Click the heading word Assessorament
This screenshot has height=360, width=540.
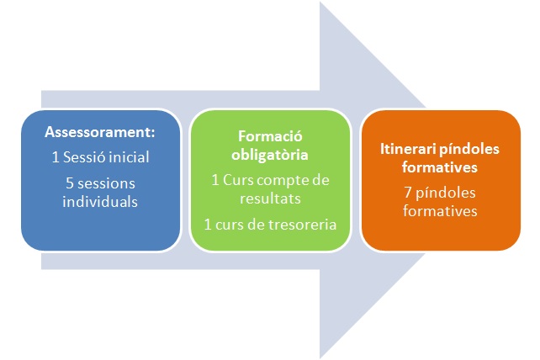click(x=98, y=132)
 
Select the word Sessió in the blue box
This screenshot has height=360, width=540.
click(x=83, y=157)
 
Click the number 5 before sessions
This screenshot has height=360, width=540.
click(x=70, y=183)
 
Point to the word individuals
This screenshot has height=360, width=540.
click(x=100, y=202)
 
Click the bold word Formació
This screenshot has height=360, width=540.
click(x=270, y=136)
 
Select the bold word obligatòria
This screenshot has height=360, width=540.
click(x=270, y=155)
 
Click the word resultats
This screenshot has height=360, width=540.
click(x=270, y=199)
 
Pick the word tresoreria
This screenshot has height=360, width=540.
click(x=302, y=225)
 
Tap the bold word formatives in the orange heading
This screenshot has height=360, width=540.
click(x=439, y=167)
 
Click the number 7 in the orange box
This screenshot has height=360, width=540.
click(x=408, y=193)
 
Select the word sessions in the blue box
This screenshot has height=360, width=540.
click(x=106, y=183)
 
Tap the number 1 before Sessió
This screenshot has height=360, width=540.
click(x=56, y=157)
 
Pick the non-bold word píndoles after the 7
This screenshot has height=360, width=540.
click(x=445, y=193)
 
